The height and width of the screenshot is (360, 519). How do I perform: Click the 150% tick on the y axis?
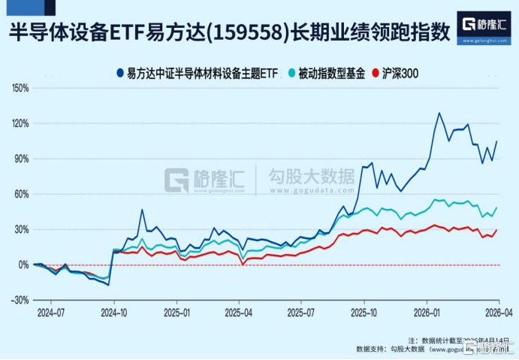tap(17, 88)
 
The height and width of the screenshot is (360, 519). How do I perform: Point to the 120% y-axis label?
tap(17, 123)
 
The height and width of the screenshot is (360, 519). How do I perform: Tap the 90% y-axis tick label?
tap(20, 159)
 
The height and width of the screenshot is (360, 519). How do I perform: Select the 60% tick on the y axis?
tap(20, 194)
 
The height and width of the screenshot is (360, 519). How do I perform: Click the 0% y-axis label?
tap(22, 265)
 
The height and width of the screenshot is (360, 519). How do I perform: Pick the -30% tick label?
tap(18, 300)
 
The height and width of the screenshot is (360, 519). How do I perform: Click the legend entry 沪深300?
tap(397, 73)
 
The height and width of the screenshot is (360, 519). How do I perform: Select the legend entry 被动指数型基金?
tap(331, 73)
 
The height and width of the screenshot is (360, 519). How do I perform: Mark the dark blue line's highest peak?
tap(439, 113)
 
